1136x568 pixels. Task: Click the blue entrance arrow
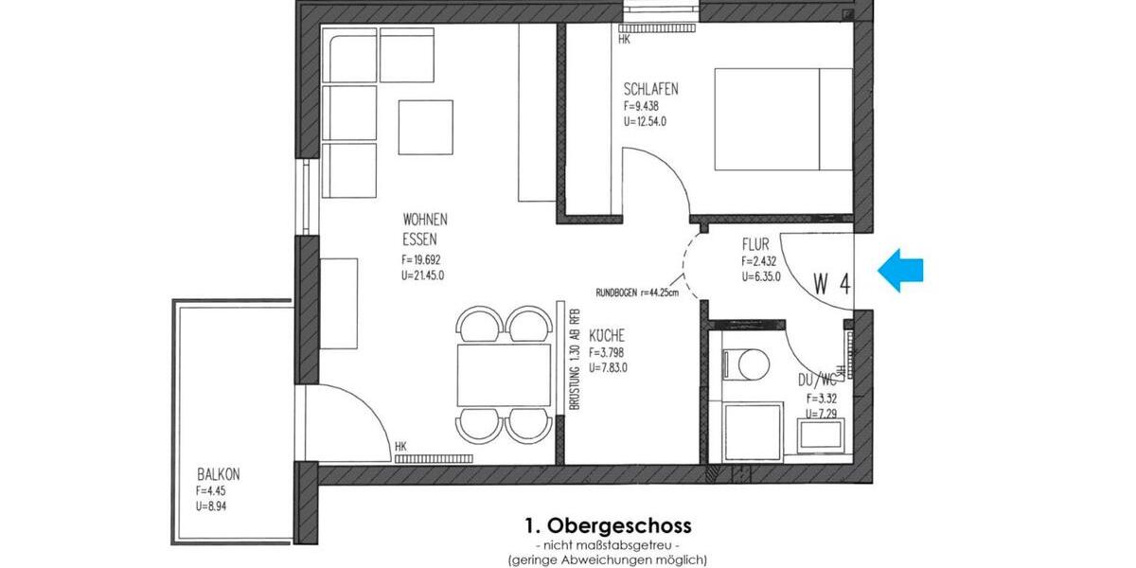point(900,271)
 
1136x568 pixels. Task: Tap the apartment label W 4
point(830,284)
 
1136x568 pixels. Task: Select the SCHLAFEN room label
point(651,89)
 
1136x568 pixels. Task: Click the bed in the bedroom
point(782,119)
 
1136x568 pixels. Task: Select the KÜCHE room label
point(607,336)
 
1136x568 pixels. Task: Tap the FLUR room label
point(755,244)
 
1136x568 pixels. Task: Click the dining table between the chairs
point(504,376)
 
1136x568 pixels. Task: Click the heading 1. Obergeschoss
point(608,524)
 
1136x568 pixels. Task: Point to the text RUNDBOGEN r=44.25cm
point(637,293)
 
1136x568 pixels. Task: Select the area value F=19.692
point(421,259)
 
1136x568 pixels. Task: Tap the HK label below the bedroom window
point(624,40)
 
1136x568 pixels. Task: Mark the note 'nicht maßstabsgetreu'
point(608,545)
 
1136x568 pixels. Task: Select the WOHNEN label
point(425,220)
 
